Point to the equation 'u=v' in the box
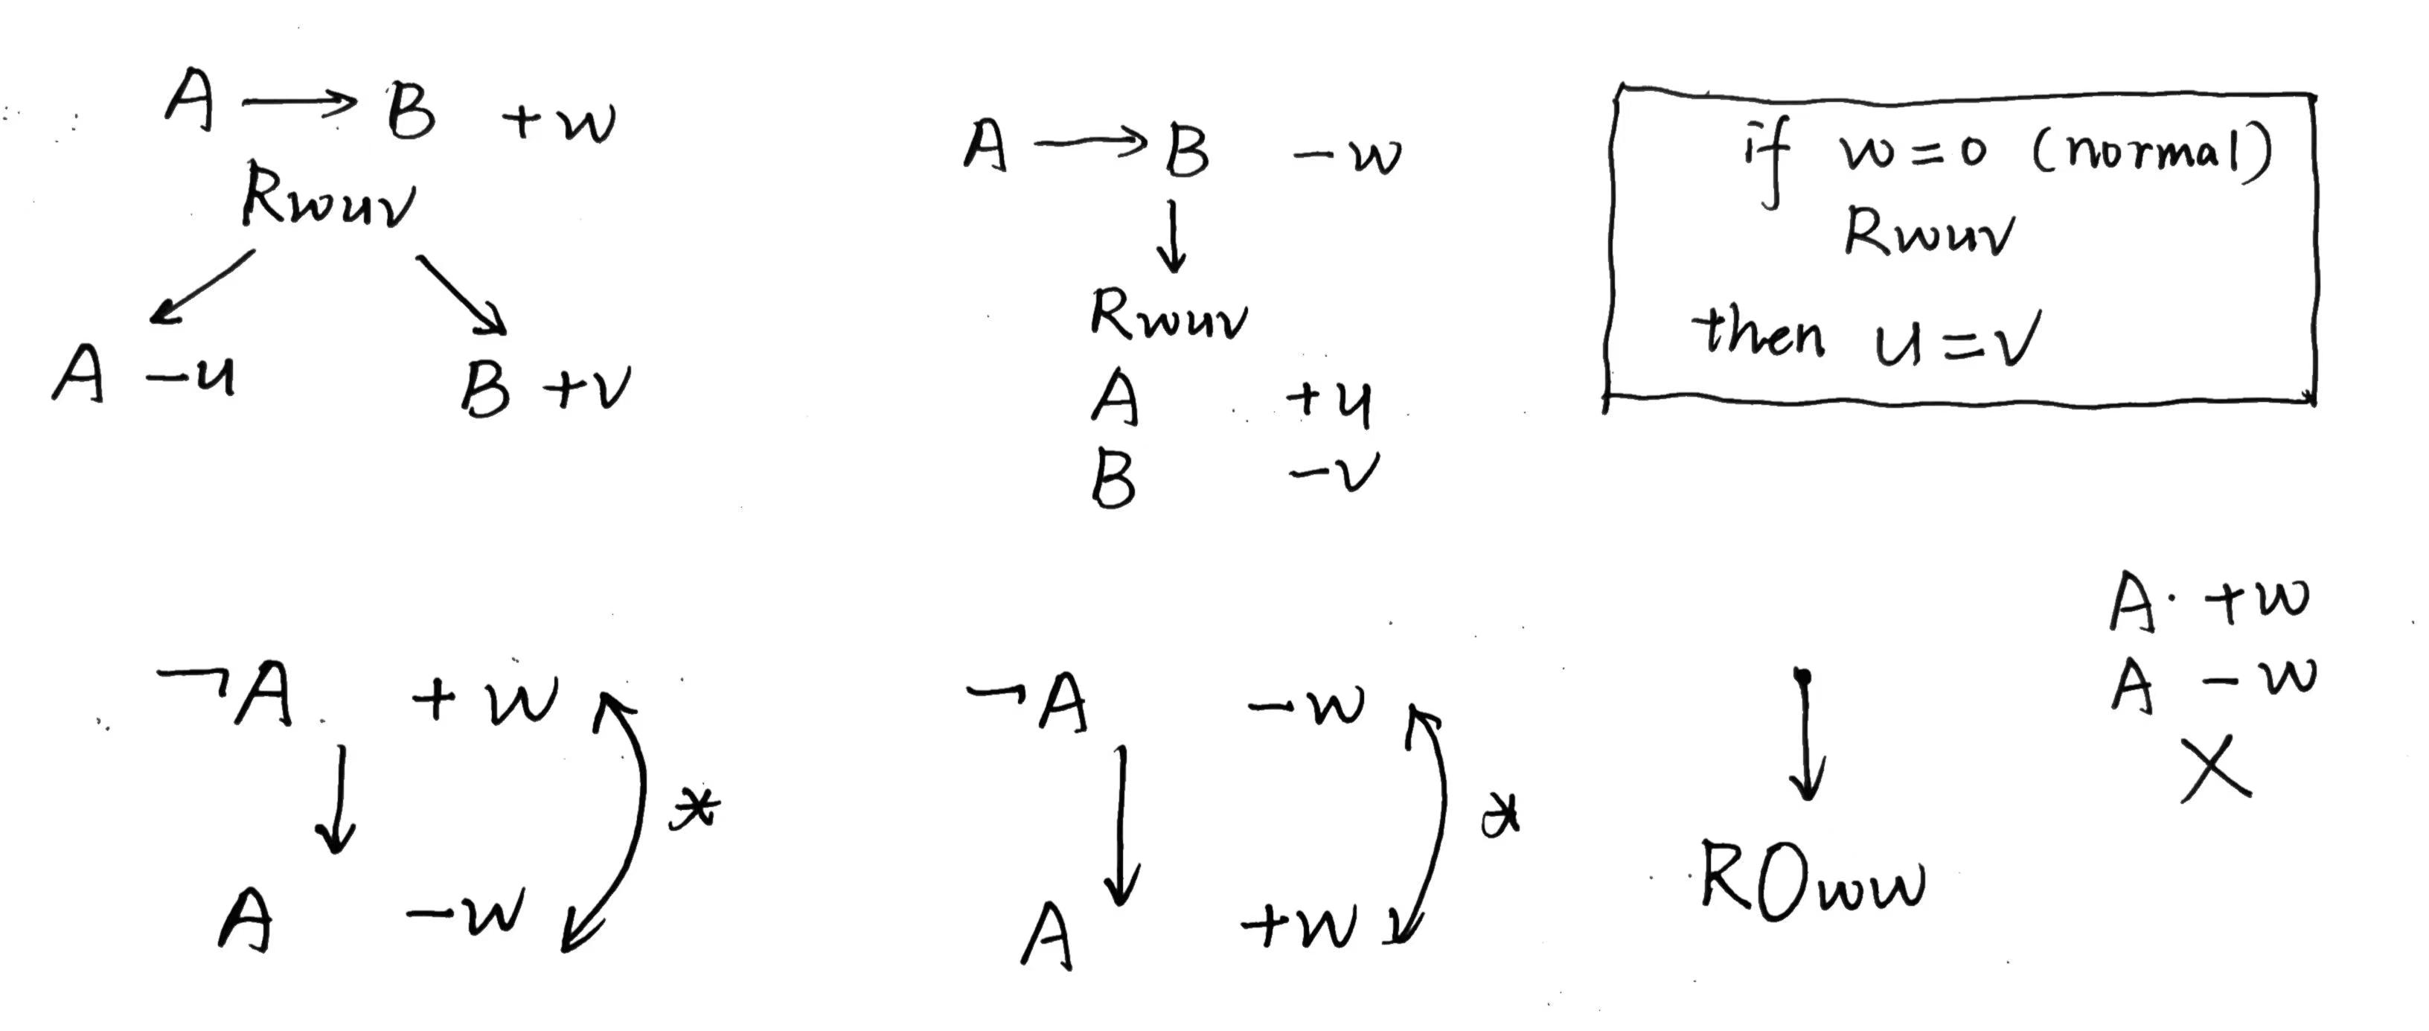tap(1956, 339)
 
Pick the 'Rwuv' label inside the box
tap(1928, 232)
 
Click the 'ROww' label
tap(1811, 882)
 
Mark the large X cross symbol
tap(2216, 769)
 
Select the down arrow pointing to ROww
tap(1805, 735)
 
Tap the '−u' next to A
tap(191, 377)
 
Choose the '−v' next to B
tap(1334, 472)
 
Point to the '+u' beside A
tap(1330, 401)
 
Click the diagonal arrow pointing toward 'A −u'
tap(202, 286)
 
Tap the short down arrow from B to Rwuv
tap(1172, 236)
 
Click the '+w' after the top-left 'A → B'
tap(558, 121)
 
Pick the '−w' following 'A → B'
tap(1348, 156)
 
